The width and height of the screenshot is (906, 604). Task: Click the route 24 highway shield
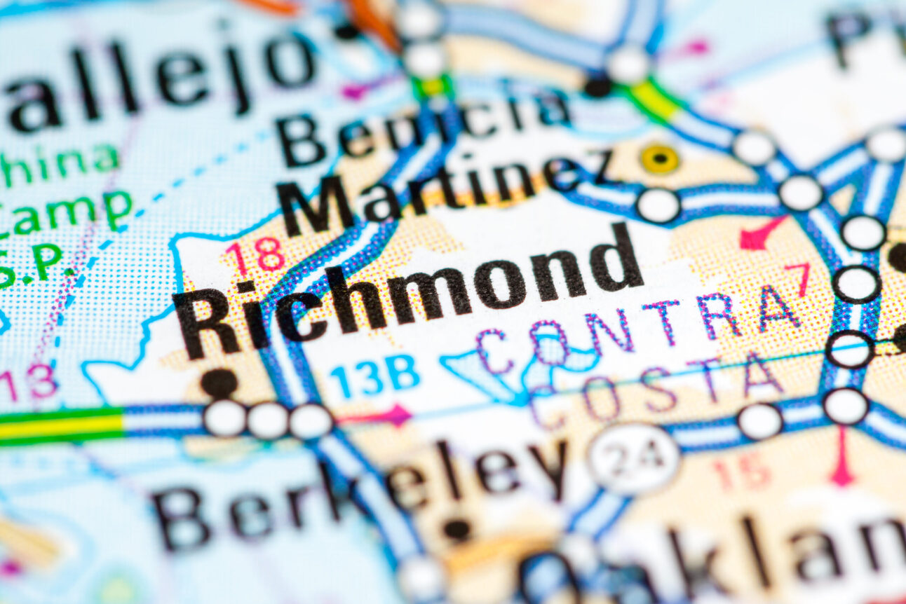634,458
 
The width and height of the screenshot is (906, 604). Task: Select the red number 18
255,255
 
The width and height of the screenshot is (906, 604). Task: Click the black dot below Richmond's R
219,383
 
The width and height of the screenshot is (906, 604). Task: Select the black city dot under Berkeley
457,530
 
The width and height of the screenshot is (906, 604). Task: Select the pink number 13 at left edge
28,383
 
